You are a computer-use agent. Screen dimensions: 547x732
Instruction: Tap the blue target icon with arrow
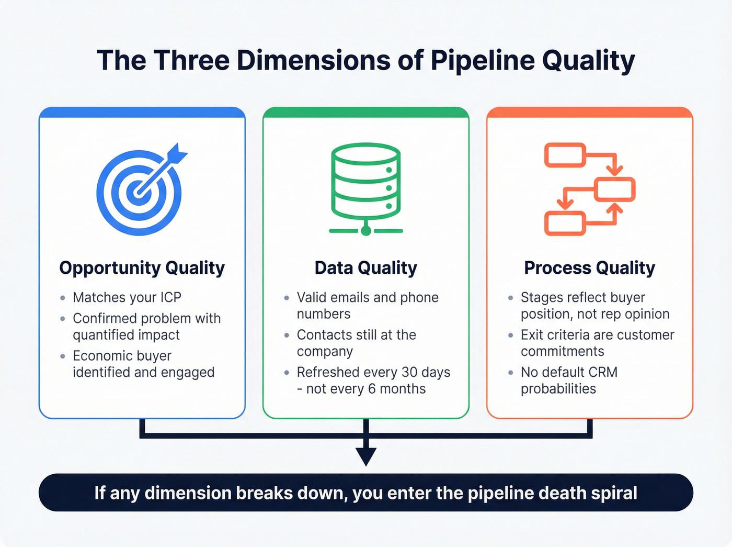pyautogui.click(x=140, y=191)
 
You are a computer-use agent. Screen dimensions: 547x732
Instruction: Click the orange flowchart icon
pyautogui.click(x=590, y=188)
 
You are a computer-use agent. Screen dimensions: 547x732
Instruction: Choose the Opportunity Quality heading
pyautogui.click(x=142, y=268)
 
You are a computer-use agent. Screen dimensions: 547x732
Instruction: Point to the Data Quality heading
pyautogui.click(x=366, y=268)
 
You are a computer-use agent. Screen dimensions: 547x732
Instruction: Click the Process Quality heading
pyautogui.click(x=589, y=268)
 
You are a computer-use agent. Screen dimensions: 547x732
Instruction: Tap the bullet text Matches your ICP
pyautogui.click(x=127, y=297)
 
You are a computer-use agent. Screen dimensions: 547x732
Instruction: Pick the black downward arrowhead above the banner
pyautogui.click(x=366, y=456)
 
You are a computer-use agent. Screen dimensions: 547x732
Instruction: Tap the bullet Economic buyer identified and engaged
pyautogui.click(x=143, y=364)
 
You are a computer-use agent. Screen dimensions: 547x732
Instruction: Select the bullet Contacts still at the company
pyautogui.click(x=356, y=343)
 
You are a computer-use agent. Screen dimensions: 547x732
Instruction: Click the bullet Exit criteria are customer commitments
pyautogui.click(x=597, y=343)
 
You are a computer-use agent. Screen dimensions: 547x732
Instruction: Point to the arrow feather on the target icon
pyautogui.click(x=178, y=152)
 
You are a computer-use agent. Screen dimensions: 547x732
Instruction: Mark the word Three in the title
pyautogui.click(x=191, y=61)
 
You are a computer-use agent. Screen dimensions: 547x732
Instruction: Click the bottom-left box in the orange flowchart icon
pyautogui.click(x=565, y=224)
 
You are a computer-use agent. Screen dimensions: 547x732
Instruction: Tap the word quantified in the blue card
pyautogui.click(x=102, y=335)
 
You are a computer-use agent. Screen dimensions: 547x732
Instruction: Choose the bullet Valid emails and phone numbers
pyautogui.click(x=367, y=306)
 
